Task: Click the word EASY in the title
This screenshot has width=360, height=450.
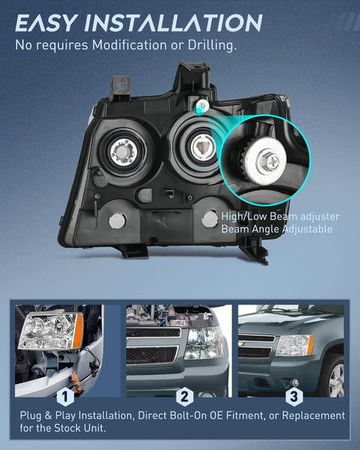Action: click(x=46, y=23)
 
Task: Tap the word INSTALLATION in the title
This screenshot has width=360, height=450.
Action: click(x=174, y=23)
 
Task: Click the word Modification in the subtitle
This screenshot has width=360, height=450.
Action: click(x=129, y=45)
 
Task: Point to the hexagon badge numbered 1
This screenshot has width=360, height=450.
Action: click(x=66, y=397)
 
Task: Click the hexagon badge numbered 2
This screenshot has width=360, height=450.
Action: click(x=185, y=397)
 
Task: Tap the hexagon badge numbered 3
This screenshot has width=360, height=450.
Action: click(x=293, y=397)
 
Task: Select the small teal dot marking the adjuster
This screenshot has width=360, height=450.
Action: click(x=198, y=110)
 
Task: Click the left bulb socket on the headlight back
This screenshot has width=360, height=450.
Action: click(x=123, y=153)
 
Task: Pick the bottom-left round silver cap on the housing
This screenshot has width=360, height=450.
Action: click(x=117, y=221)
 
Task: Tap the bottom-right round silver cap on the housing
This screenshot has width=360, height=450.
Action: click(x=210, y=218)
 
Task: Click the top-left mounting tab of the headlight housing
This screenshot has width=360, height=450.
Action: click(x=120, y=86)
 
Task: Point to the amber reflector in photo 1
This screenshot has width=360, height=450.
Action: click(x=77, y=331)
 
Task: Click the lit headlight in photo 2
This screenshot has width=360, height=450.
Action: click(x=203, y=343)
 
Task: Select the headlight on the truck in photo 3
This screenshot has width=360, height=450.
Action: click(x=294, y=345)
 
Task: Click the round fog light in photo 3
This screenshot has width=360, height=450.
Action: click(x=295, y=382)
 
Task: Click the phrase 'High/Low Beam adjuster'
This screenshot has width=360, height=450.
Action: click(x=280, y=216)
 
